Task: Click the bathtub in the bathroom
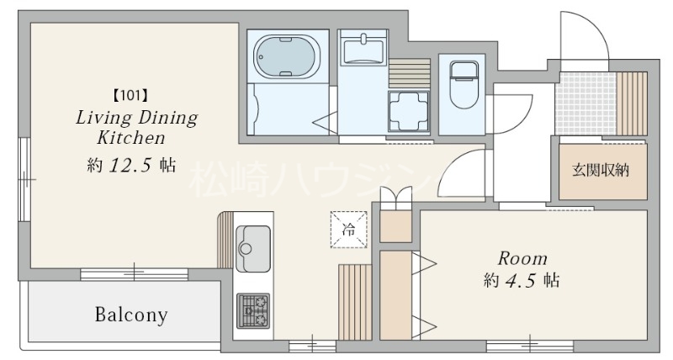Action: [287, 56]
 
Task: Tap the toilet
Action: [464, 84]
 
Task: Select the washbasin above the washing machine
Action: [363, 50]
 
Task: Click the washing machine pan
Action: [409, 111]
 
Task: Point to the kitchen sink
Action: [253, 249]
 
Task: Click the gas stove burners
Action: [253, 311]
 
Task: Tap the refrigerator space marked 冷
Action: [348, 230]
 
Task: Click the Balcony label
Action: [131, 315]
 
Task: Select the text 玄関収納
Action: [601, 171]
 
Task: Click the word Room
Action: [522, 258]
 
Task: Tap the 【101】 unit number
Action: [130, 95]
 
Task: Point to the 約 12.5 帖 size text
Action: [131, 165]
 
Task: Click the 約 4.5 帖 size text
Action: [522, 281]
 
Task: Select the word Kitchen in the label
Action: [131, 138]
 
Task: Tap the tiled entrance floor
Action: [586, 103]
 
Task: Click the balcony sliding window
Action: [134, 273]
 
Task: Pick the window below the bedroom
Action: [530, 346]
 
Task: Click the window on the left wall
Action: [25, 179]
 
